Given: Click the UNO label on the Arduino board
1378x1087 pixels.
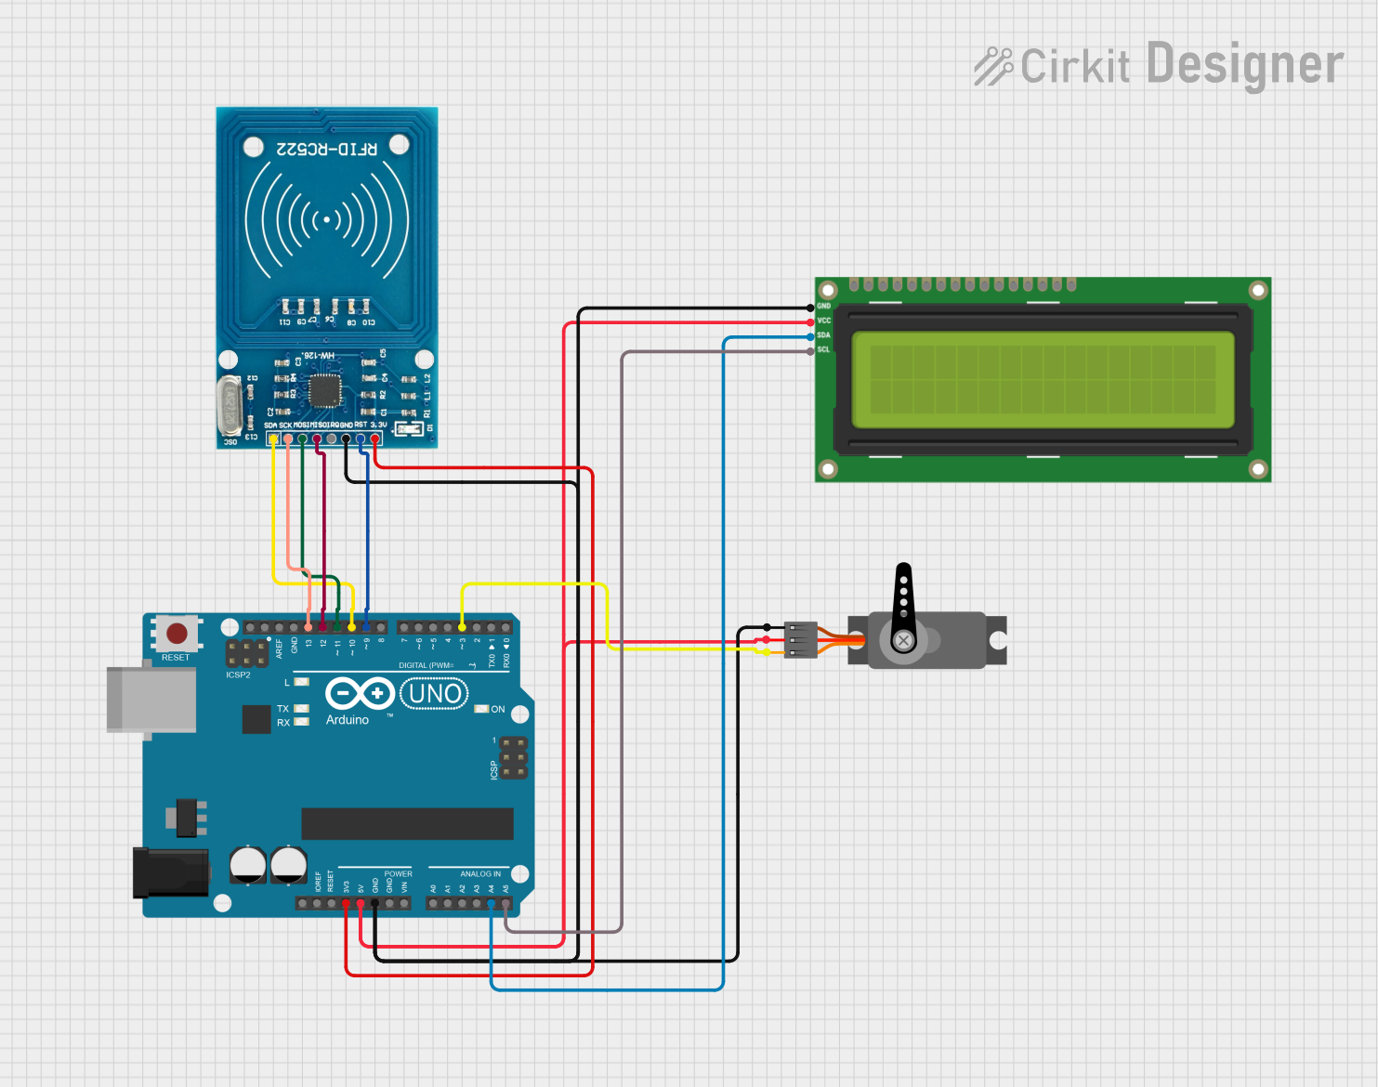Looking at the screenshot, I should click(433, 694).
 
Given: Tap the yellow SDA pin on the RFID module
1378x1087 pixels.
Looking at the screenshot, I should click(273, 439).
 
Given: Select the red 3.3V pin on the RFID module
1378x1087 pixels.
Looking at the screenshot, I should click(375, 439).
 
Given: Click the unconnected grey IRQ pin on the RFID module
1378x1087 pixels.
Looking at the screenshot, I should click(332, 439).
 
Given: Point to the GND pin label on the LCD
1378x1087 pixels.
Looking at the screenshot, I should click(824, 306).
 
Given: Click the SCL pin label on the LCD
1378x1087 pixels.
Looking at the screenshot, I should click(823, 350).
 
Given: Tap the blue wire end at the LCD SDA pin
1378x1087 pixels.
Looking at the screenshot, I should click(811, 336).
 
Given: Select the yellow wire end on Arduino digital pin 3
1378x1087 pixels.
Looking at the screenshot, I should click(463, 627).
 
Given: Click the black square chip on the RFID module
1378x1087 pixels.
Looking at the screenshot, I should click(324, 390).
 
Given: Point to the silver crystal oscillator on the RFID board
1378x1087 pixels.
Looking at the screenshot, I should click(230, 405).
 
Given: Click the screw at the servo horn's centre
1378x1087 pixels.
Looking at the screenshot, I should click(903, 641).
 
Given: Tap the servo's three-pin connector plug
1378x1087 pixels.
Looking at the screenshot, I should click(801, 640).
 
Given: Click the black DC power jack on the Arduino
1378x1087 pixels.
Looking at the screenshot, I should click(171, 872).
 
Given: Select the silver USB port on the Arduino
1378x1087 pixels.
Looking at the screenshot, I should click(151, 699).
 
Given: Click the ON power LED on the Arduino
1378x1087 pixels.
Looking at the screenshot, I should click(481, 709).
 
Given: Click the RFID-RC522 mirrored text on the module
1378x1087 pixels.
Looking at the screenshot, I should click(327, 149).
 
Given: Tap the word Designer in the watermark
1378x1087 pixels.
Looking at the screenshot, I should click(1245, 65).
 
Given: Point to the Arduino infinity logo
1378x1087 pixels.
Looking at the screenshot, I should click(360, 694).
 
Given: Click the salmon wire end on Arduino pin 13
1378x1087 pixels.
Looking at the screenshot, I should click(308, 627).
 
